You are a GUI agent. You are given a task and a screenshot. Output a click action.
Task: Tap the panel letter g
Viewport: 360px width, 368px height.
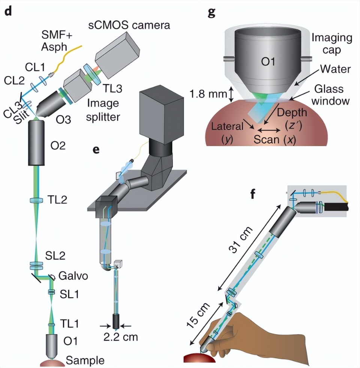(x=211, y=12)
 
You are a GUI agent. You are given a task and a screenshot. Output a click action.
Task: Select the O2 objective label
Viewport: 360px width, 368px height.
(x=58, y=145)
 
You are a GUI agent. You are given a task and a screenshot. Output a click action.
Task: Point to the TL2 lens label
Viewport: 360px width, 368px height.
(x=57, y=199)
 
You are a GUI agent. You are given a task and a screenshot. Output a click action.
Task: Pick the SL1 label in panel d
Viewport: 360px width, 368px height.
(x=70, y=294)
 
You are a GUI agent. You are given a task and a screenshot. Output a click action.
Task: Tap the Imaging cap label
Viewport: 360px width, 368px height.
(x=332, y=43)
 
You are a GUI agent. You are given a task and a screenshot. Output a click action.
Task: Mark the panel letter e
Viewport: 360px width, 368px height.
(x=96, y=150)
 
